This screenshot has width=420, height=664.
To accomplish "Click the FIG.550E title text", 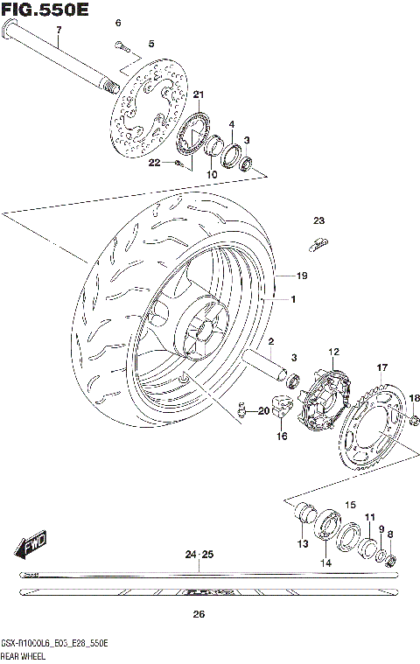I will click(45, 10).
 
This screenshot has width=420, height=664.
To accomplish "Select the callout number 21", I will click(198, 94).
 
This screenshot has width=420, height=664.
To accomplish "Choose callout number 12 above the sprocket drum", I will click(333, 352).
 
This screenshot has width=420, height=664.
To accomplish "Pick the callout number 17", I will click(381, 367).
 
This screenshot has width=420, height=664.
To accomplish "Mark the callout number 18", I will click(415, 397).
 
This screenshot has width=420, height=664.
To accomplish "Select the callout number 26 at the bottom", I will click(199, 614).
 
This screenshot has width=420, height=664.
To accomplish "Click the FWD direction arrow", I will click(29, 544).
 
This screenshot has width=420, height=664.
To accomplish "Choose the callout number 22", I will click(154, 162).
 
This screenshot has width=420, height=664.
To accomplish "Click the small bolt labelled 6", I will click(120, 43).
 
